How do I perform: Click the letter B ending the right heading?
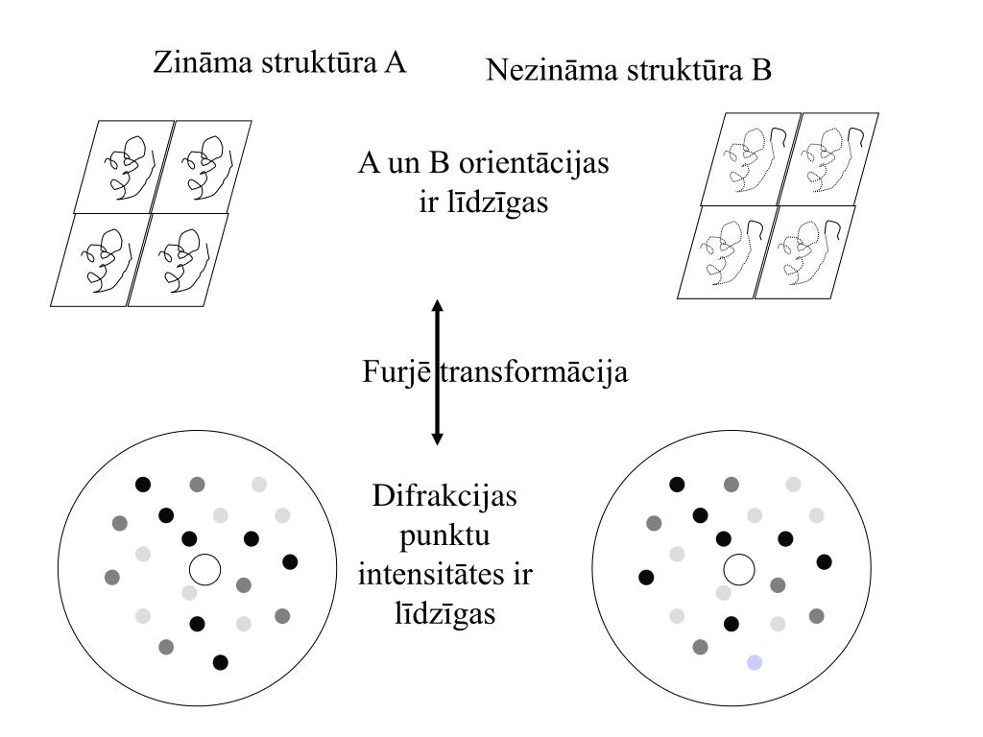(761, 70)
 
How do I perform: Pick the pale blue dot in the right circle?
(755, 662)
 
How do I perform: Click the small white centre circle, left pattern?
(204, 569)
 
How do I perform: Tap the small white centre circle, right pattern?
(738, 569)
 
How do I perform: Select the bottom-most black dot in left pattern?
(220, 661)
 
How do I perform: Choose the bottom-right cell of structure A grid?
(178, 259)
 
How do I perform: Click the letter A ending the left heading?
(396, 63)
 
